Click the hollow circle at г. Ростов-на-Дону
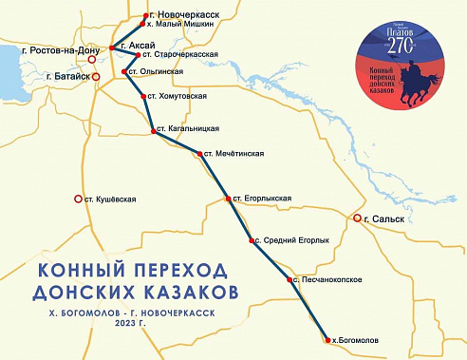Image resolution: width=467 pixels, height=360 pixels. [92, 59]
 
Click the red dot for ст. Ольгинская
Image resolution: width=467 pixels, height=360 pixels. [124, 71]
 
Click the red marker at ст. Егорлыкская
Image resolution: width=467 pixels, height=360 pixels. [228, 199]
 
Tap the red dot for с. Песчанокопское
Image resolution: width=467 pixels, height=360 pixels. [289, 280]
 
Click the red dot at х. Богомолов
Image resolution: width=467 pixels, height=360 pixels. [324, 338]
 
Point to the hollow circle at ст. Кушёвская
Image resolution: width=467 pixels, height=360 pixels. [78, 199]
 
